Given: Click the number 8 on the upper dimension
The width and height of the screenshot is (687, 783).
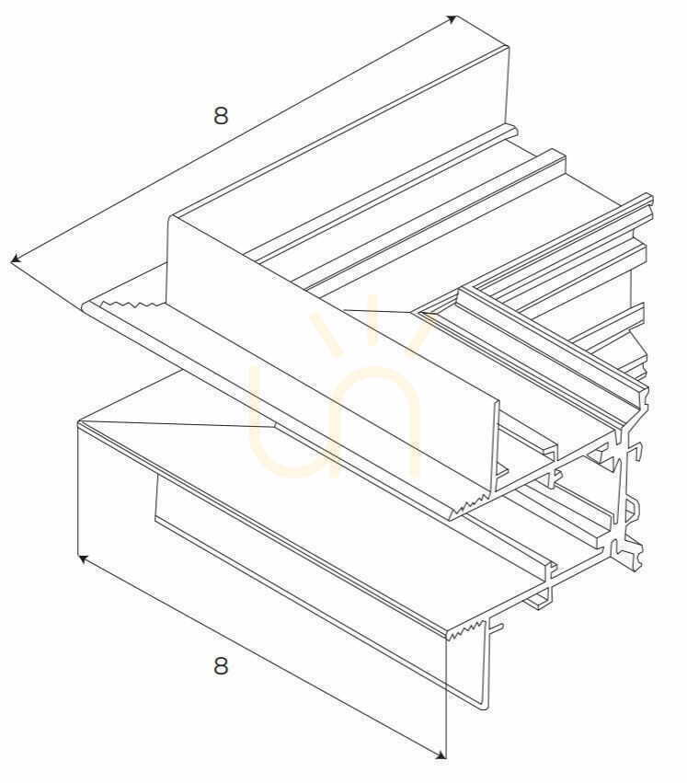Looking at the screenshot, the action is [x=221, y=115].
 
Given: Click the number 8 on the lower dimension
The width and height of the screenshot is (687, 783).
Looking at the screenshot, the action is [x=221, y=665].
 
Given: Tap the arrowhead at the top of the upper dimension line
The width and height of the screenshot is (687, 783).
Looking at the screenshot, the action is [x=452, y=19].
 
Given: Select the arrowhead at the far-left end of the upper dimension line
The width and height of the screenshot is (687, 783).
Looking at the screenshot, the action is [x=16, y=259].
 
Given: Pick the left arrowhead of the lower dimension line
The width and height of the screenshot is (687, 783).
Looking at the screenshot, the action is [x=85, y=558].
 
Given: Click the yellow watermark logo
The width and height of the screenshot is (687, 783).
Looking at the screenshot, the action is [x=336, y=396].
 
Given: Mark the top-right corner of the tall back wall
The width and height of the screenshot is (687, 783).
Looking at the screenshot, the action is [x=509, y=46].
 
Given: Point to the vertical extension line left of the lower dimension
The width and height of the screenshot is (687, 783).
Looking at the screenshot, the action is [x=79, y=491].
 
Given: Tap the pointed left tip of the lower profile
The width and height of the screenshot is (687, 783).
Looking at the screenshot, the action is [x=79, y=423].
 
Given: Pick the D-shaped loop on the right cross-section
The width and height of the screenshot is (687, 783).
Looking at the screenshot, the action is [x=631, y=511].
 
